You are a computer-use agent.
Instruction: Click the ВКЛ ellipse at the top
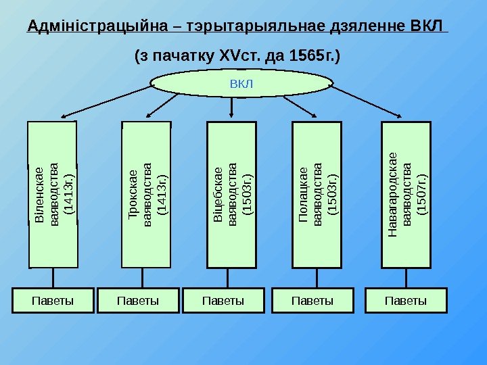click(241, 84)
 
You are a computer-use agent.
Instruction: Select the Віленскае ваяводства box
click(52, 194)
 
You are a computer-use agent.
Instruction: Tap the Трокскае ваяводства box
click(145, 195)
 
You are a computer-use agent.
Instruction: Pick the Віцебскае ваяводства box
click(231, 195)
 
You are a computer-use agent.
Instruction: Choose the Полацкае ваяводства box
click(317, 195)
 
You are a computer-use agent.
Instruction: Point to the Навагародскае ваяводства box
click(406, 195)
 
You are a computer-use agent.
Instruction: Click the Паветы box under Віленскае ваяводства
click(53, 300)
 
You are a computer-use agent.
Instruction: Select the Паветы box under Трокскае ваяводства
click(138, 300)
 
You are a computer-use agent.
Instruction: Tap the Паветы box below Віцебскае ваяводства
click(223, 300)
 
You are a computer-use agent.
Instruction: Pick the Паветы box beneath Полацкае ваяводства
click(312, 300)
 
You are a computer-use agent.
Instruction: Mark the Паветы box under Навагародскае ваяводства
click(406, 300)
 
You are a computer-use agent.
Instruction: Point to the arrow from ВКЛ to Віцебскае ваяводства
click(232, 108)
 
